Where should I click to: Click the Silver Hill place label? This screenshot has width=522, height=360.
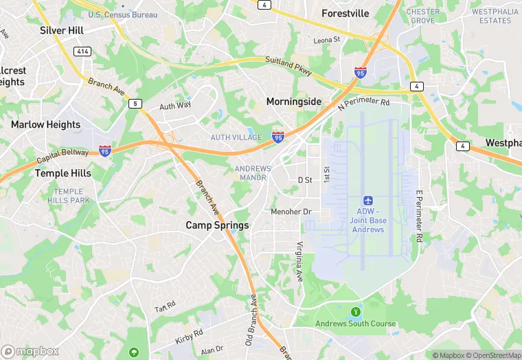(62, 30)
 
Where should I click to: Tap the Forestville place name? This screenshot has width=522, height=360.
(345, 13)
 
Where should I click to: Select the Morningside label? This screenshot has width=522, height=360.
(294, 102)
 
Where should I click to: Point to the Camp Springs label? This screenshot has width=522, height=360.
(218, 225)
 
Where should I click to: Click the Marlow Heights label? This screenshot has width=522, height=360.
(45, 124)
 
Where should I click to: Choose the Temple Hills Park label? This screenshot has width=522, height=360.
(69, 196)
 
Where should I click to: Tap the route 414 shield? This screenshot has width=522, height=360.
(83, 52)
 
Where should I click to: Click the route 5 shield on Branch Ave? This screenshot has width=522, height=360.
(135, 103)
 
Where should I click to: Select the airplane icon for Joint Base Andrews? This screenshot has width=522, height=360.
(368, 200)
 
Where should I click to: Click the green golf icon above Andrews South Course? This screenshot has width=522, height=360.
(355, 313)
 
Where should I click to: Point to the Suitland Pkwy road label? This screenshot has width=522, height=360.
(288, 67)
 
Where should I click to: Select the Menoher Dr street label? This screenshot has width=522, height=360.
(291, 212)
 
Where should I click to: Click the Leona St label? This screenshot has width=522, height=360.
(327, 41)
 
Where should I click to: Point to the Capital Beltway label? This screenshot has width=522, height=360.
(63, 156)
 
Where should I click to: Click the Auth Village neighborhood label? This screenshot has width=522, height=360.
(236, 137)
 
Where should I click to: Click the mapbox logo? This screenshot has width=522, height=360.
(31, 351)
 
